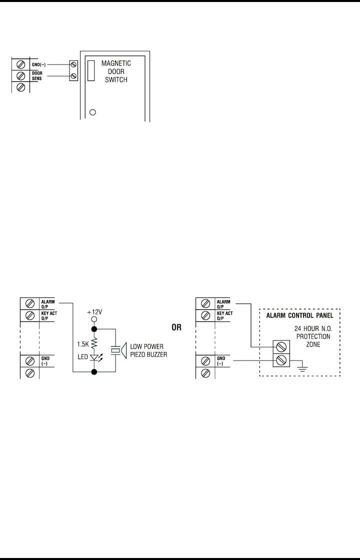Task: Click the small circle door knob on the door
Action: (92, 112)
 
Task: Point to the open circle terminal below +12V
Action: (93, 318)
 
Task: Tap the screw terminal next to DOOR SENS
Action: (21, 76)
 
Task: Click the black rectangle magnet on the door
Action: (90, 70)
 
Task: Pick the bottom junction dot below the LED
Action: (93, 372)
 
